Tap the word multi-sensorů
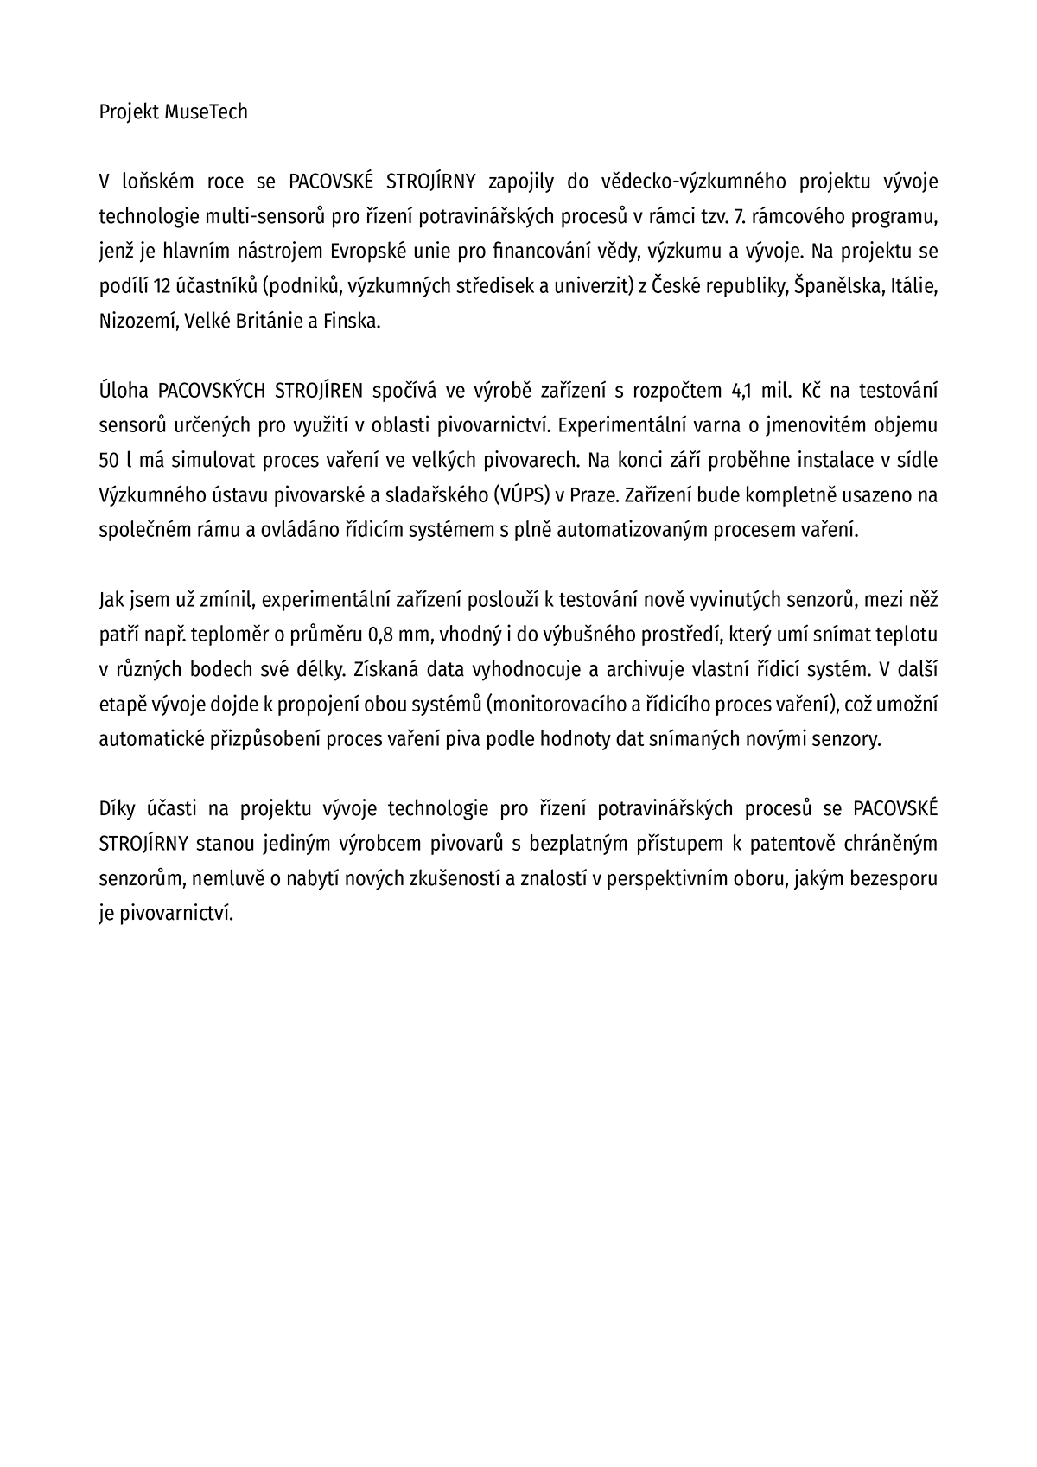[269, 216]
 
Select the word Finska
[351, 321]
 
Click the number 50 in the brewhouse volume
[110, 460]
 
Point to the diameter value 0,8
[383, 635]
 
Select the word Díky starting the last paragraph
[118, 808]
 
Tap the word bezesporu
[894, 878]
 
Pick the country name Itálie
[911, 286]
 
